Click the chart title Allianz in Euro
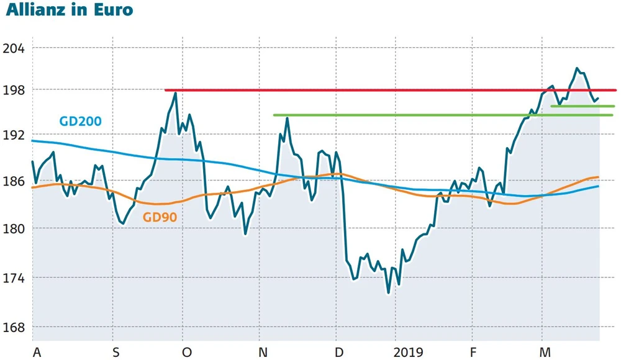tap(69, 11)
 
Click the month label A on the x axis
tap(37, 353)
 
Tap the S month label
tap(116, 353)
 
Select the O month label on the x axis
tap(187, 353)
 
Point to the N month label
tap(263, 353)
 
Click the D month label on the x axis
tap(340, 353)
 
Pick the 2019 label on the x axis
tap(408, 353)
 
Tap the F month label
tap(473, 353)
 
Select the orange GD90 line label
tap(161, 218)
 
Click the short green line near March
tap(582, 106)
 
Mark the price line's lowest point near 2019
tap(389, 292)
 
